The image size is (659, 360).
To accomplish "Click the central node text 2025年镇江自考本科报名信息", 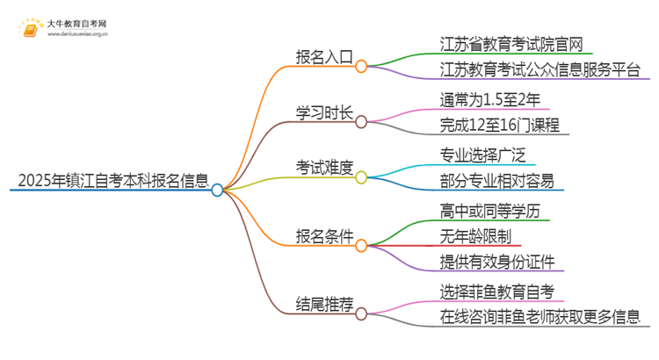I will click(x=109, y=182).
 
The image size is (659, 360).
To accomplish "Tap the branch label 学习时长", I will click(x=323, y=114).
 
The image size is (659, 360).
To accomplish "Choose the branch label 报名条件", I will click(x=323, y=236).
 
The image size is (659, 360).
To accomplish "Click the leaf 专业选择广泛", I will click(x=482, y=155).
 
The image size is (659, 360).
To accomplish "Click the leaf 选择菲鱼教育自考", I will click(x=497, y=291).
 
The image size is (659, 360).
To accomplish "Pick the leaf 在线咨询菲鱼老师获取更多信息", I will click(x=540, y=318).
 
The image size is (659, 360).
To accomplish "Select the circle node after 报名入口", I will click(x=361, y=65).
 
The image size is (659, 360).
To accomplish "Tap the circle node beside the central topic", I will click(x=218, y=189).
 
